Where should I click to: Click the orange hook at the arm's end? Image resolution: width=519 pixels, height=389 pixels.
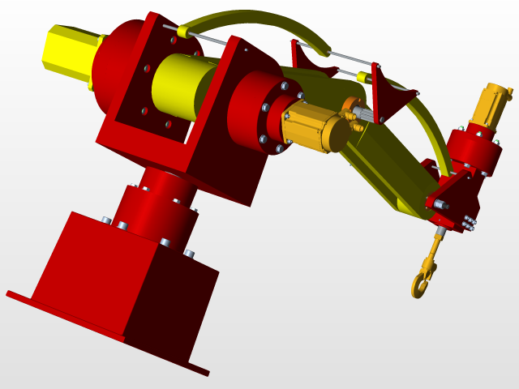[x=421, y=284]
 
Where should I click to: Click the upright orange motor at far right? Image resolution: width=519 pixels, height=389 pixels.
[x=491, y=105]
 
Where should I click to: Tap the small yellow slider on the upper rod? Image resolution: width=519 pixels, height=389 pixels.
[x=182, y=32]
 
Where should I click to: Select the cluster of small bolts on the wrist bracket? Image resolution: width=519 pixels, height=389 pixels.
[x=469, y=222]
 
